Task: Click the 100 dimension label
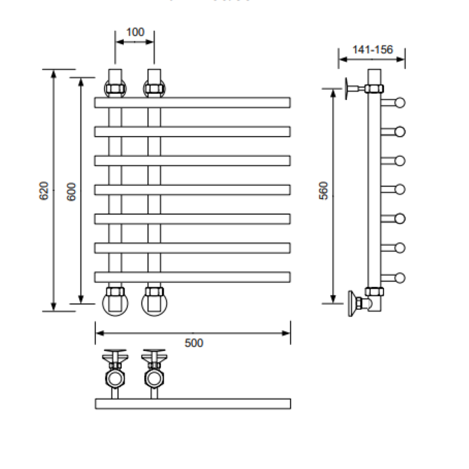[135, 32]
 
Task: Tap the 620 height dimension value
[44, 190]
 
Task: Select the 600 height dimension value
[72, 190]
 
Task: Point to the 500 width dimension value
[193, 342]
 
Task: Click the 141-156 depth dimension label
[372, 50]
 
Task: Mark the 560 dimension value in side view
[324, 193]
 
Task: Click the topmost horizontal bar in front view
[193, 103]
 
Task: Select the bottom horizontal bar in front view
[193, 276]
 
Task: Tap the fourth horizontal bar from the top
[193, 190]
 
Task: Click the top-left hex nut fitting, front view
[115, 87]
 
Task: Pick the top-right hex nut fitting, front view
[154, 87]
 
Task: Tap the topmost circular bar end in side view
[400, 103]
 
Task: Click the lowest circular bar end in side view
[400, 277]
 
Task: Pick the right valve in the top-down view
[154, 375]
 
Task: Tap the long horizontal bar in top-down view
[193, 403]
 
